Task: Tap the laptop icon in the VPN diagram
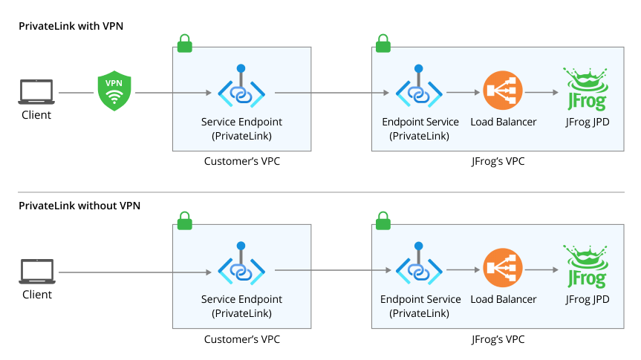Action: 36,92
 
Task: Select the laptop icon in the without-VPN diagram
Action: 36,272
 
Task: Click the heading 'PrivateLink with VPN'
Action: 71,26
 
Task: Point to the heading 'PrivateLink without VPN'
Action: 79,206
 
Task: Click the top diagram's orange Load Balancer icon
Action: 498,92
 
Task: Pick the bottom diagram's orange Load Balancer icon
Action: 498,272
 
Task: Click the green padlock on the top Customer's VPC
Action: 183,43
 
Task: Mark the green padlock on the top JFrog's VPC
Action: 383,43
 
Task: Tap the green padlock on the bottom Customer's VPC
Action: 183,220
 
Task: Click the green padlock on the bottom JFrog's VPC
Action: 383,220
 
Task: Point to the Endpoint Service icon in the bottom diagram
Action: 419,269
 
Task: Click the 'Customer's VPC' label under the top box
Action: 242,161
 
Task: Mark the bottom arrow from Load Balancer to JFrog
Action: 541,272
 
